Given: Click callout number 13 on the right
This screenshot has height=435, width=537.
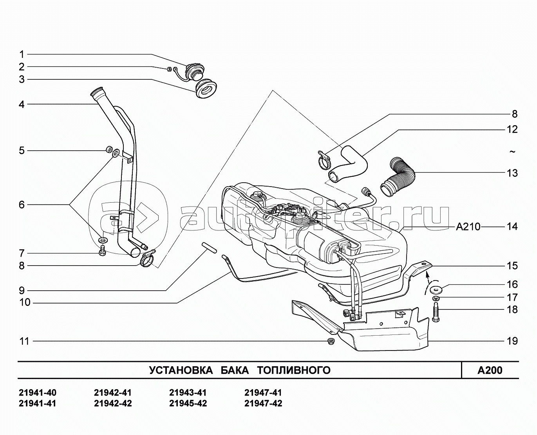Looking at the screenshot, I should pos(512,173).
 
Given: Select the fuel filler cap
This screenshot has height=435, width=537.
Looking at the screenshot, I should pos(195,72).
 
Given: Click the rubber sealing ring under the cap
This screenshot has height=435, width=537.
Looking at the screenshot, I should pos(206,89).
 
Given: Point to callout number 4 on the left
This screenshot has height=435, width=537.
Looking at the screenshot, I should pos(22,104).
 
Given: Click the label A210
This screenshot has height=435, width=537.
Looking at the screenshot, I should pos(468,227).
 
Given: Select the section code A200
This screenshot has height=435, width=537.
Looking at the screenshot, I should pos(490,370).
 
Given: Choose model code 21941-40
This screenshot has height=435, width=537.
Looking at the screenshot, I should pos(38,393).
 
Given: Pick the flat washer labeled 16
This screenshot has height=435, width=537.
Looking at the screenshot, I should pos(436,290).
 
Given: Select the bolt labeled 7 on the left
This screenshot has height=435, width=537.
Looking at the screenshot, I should pos(102,251).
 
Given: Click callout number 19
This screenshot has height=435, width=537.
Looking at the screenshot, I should pos(512,341).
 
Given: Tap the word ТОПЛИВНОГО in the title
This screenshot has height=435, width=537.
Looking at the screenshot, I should pos(294,370).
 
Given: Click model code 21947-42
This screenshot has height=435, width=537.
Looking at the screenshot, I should pos(263,403).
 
